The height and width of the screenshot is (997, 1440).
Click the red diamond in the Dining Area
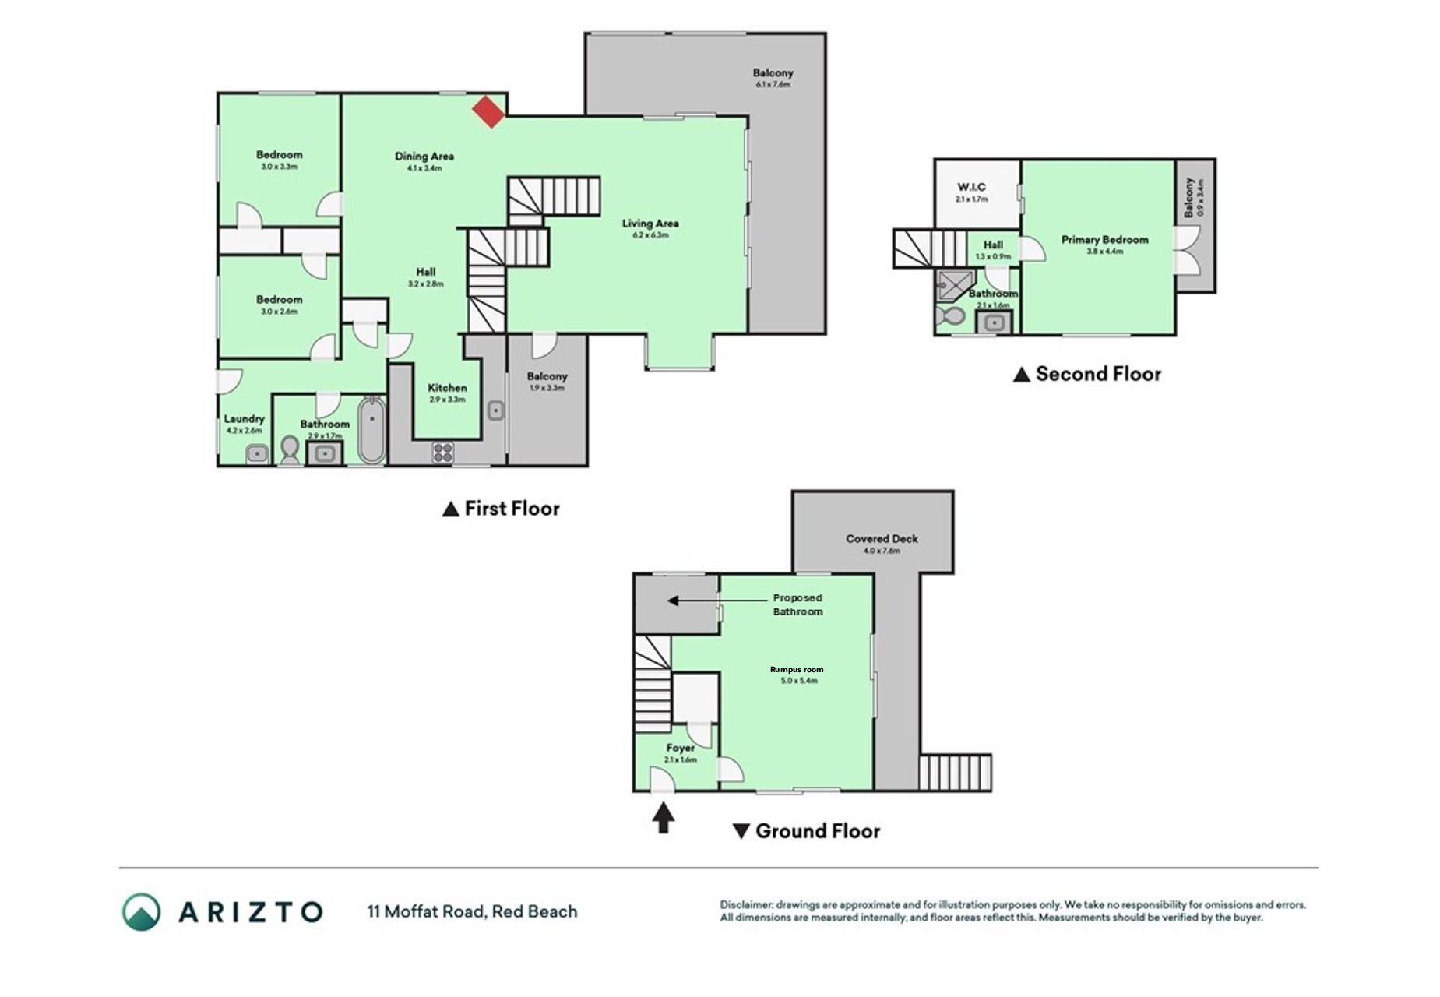click(489, 111)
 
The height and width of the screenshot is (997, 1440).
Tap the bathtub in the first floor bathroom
click(371, 431)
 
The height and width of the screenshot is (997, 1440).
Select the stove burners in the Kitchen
click(442, 453)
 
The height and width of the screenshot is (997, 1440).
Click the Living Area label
click(650, 224)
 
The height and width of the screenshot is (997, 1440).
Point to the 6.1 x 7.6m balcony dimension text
click(773, 84)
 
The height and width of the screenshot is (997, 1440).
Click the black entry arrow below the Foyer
click(663, 818)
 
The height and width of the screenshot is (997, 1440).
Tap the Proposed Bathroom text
click(797, 605)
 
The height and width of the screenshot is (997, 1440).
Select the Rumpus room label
click(797, 669)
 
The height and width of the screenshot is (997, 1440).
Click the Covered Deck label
click(882, 538)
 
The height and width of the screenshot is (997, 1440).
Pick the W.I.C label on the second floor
click(971, 187)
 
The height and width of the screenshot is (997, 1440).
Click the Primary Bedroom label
click(1104, 240)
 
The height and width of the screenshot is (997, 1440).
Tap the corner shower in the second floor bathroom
click(954, 284)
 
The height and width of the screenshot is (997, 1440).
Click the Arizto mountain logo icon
click(141, 911)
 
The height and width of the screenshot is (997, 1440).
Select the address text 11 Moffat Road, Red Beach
click(472, 911)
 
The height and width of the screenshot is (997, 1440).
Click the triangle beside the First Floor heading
click(450, 509)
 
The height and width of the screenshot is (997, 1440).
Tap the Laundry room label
click(244, 419)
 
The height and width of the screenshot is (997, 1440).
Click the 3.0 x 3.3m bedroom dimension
click(279, 167)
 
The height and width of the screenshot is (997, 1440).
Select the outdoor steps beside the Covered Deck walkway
click(955, 773)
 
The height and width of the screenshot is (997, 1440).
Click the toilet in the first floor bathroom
click(290, 450)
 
